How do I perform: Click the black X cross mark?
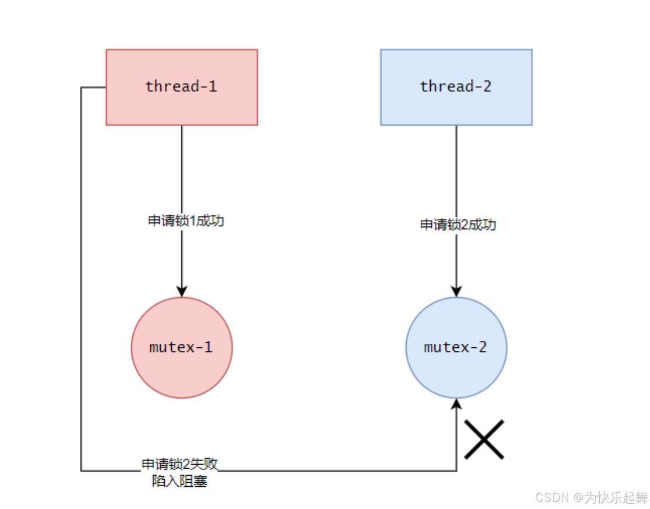point(484,439)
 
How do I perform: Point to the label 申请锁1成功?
point(186,221)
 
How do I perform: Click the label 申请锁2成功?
point(458,225)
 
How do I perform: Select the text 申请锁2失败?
point(179,465)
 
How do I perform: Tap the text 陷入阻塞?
point(179,482)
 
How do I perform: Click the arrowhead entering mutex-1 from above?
point(182,291)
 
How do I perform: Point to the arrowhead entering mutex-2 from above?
point(457,291)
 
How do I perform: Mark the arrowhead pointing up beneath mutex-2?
point(457,405)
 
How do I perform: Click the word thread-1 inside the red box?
point(181,87)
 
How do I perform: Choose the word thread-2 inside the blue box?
point(456,87)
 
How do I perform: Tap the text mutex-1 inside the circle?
point(181,347)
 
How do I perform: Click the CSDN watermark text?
point(552,497)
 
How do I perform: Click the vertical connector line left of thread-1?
point(81,280)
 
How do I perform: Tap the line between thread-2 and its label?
point(457,169)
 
